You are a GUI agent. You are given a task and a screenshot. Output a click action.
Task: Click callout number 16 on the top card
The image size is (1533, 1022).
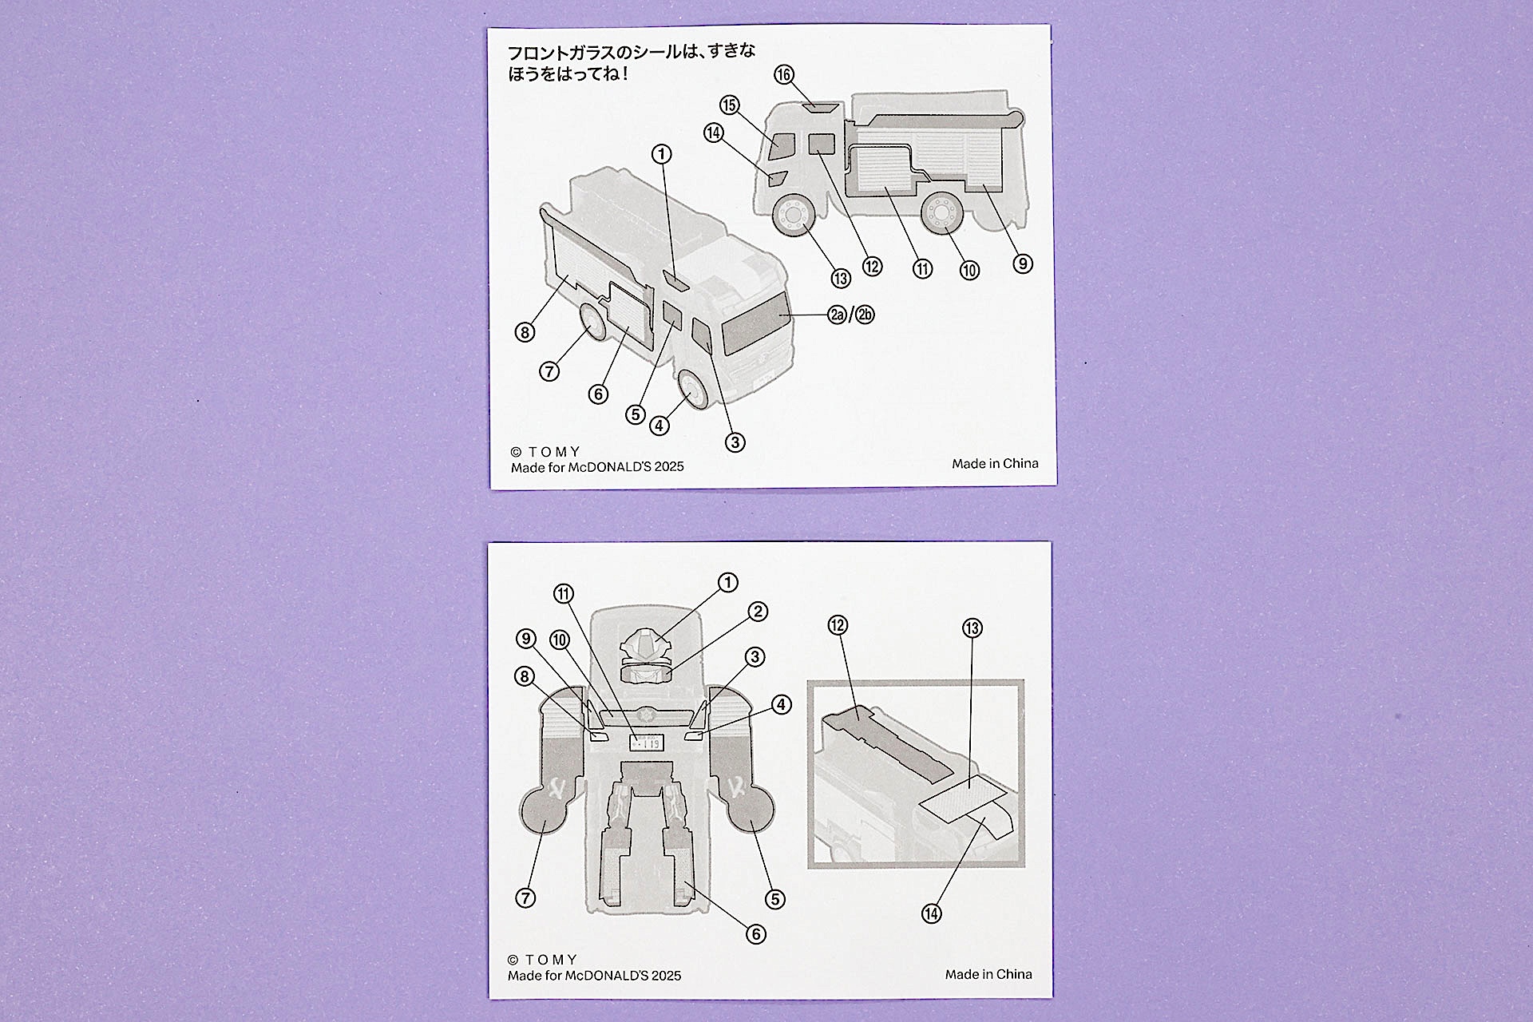(784, 75)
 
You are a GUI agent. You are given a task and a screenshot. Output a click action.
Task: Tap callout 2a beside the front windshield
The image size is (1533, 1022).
(836, 315)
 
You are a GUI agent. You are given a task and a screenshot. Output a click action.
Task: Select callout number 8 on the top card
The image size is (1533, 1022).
(525, 332)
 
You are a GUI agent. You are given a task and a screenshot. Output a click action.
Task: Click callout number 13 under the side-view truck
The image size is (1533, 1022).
(840, 278)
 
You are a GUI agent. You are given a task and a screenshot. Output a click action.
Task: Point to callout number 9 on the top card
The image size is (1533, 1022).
(1023, 263)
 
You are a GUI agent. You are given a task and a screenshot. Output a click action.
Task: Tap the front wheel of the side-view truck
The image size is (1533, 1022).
(794, 216)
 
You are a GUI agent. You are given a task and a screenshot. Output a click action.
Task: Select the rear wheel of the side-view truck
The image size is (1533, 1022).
(943, 215)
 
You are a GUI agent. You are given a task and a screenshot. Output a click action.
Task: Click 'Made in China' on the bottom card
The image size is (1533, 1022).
(988, 974)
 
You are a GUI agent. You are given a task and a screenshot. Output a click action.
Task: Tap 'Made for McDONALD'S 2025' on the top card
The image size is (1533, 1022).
(597, 467)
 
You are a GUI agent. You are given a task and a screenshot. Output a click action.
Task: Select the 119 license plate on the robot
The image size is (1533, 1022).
(647, 743)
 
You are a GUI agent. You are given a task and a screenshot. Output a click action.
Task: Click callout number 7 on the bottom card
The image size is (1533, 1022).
(525, 897)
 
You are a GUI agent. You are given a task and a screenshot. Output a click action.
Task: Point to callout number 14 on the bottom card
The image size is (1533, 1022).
(931, 913)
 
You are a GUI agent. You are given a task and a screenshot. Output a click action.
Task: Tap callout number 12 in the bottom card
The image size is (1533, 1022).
(838, 625)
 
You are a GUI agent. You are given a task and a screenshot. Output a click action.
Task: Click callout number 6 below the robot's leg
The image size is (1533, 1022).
(755, 933)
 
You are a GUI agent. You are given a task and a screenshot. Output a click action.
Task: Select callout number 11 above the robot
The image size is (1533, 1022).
(564, 594)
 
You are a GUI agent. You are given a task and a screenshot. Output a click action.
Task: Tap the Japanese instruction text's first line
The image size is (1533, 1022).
(631, 53)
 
